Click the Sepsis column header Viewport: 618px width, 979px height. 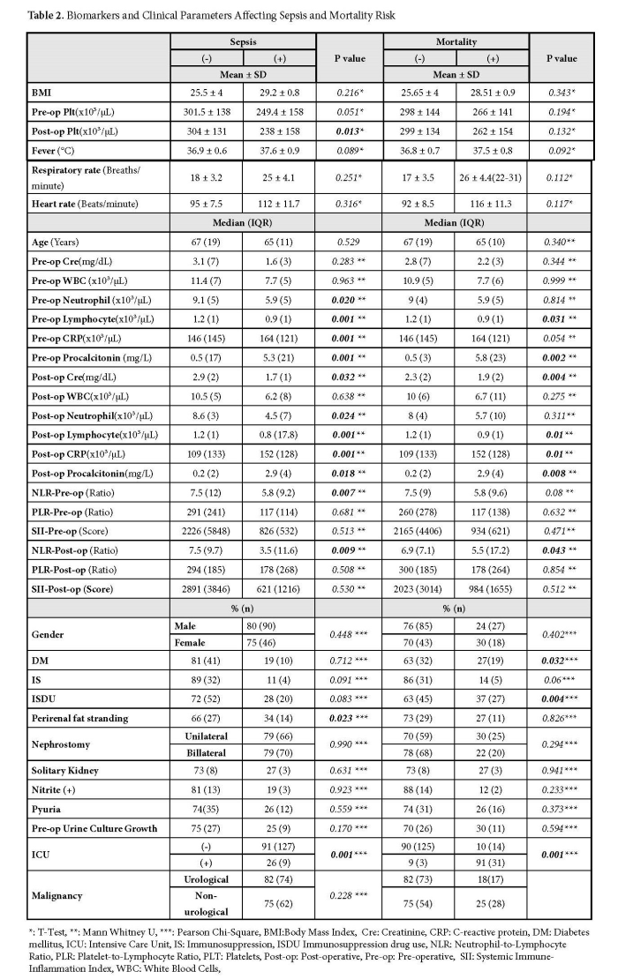point(242,41)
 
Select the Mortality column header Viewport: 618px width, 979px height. point(456,41)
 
